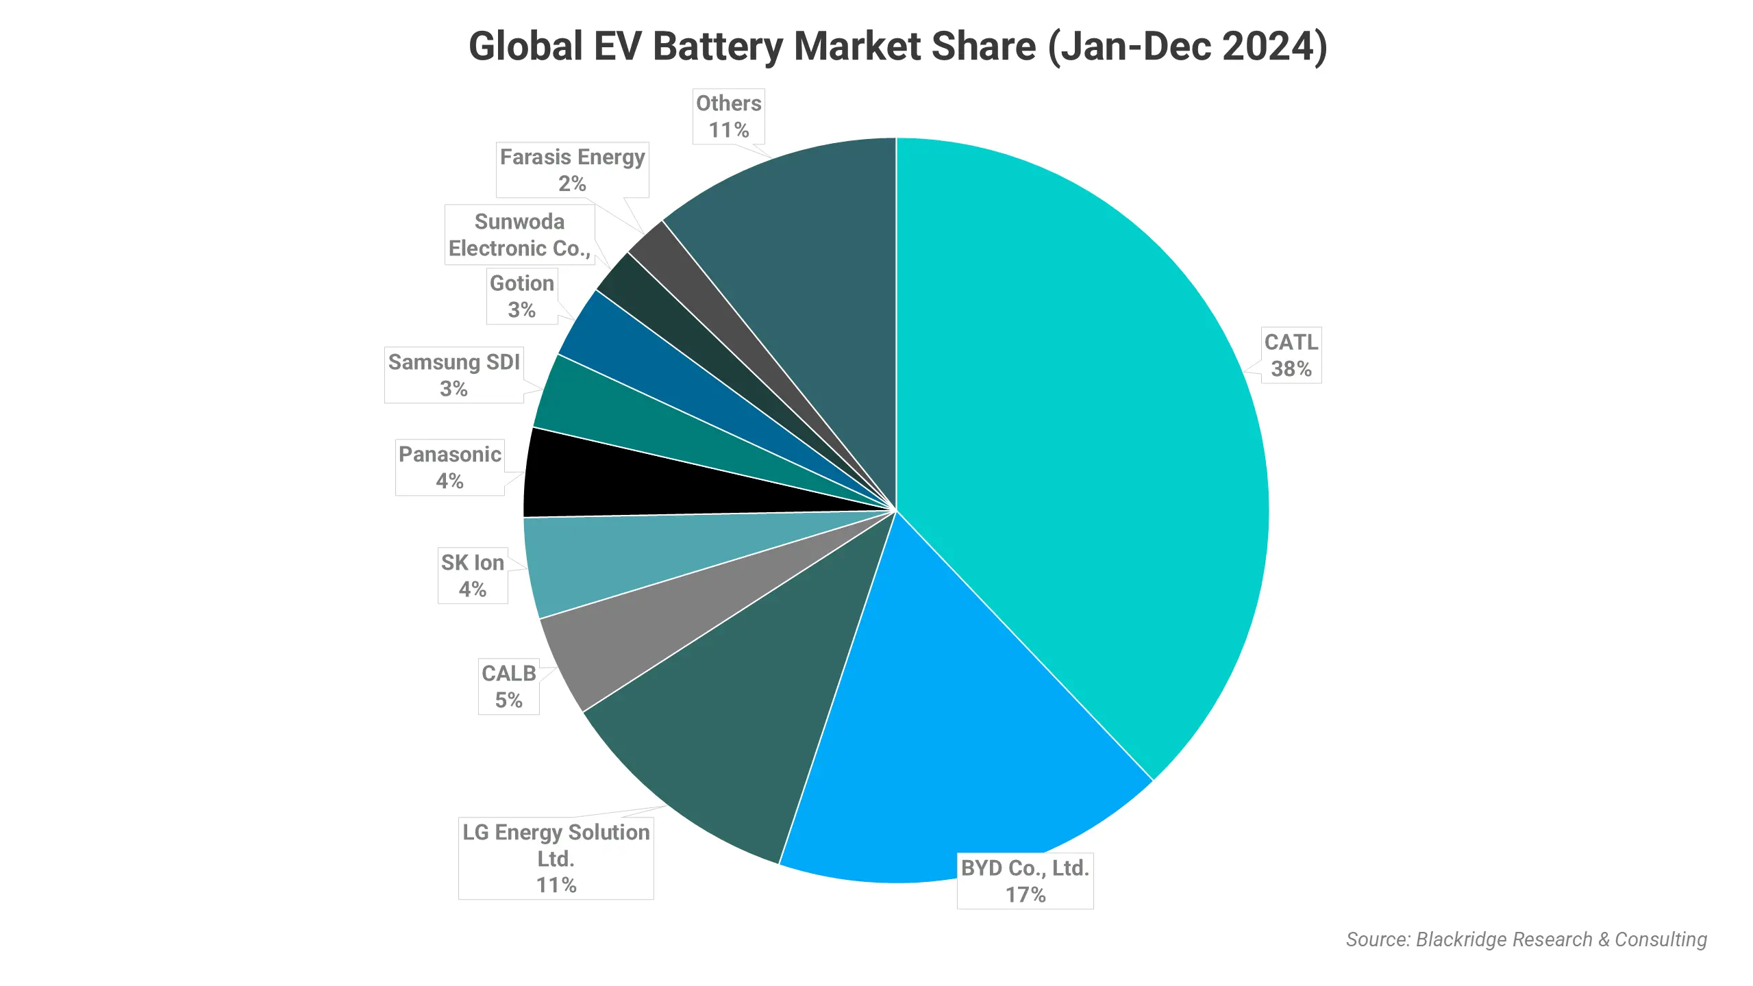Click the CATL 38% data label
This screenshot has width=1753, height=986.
pos(1291,355)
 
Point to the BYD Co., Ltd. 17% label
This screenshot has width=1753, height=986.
pos(1025,881)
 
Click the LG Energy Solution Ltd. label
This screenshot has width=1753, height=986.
pos(556,858)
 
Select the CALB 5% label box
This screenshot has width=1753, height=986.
pos(508,686)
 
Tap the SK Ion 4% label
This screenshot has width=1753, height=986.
pos(473,575)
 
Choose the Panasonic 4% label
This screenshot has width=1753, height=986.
pos(450,467)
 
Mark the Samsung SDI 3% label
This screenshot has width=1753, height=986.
pos(453,375)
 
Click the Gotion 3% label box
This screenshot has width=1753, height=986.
pos(521,296)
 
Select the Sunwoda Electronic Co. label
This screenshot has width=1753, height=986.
pos(519,235)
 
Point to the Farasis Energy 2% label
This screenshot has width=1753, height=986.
pos(572,170)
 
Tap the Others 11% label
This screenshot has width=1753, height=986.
pos(728,116)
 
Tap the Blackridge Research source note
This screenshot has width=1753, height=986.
pos(1526,939)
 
